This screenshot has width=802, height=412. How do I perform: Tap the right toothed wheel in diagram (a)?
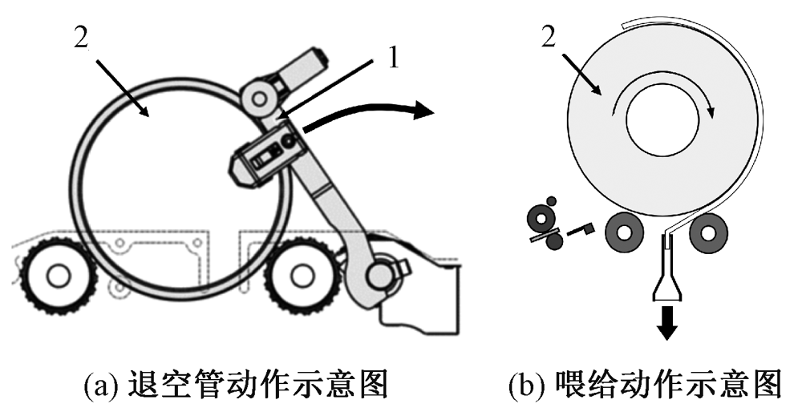tap(300, 276)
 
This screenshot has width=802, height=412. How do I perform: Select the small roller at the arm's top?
tap(257, 98)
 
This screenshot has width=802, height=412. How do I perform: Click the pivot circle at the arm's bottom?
tap(378, 277)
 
